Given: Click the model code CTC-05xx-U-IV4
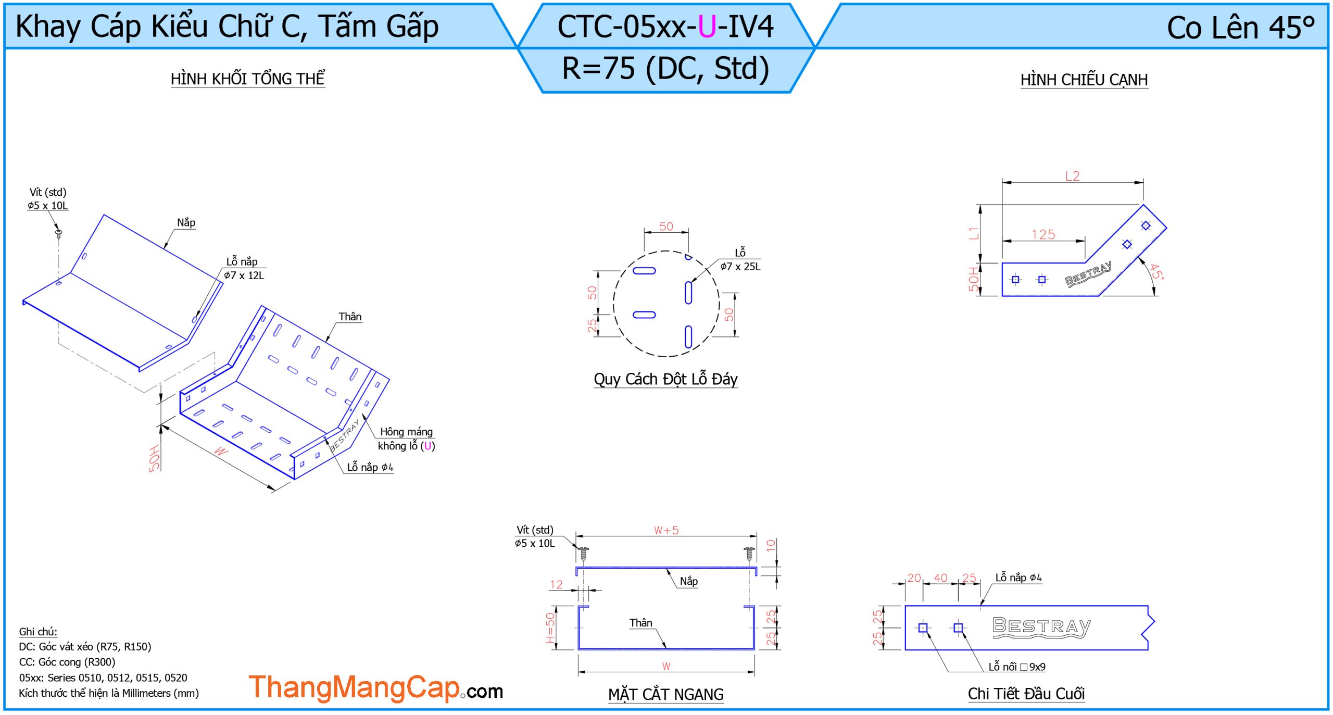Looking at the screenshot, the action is pyautogui.click(x=665, y=27).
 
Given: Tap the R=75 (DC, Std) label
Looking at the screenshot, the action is pyautogui.click(x=665, y=68).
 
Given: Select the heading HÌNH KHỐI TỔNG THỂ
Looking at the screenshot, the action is pyautogui.click(x=248, y=79).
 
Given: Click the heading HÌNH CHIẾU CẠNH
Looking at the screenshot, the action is pyautogui.click(x=1084, y=80).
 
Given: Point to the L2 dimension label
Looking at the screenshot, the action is pyautogui.click(x=1072, y=176).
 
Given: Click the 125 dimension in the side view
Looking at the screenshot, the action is pyautogui.click(x=1043, y=234).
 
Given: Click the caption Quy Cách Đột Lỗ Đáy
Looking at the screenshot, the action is pyautogui.click(x=665, y=379).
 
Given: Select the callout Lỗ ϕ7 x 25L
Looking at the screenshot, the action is pyautogui.click(x=740, y=259).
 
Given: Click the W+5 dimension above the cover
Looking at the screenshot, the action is pyautogui.click(x=666, y=530).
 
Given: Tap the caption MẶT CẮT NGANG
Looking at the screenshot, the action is pyautogui.click(x=665, y=694).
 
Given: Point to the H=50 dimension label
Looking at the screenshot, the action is pyautogui.click(x=550, y=628).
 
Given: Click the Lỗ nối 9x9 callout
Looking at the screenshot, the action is pyautogui.click(x=1017, y=667).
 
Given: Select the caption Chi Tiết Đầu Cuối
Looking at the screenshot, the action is pyautogui.click(x=1026, y=694).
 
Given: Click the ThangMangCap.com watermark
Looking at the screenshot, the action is pyautogui.click(x=375, y=687).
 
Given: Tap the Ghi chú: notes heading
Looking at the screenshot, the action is pyautogui.click(x=38, y=632).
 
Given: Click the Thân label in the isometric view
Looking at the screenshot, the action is pyautogui.click(x=350, y=317).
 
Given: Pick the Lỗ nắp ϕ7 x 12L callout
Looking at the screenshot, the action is pyautogui.click(x=244, y=268).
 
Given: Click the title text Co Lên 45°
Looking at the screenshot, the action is pyautogui.click(x=1240, y=28).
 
